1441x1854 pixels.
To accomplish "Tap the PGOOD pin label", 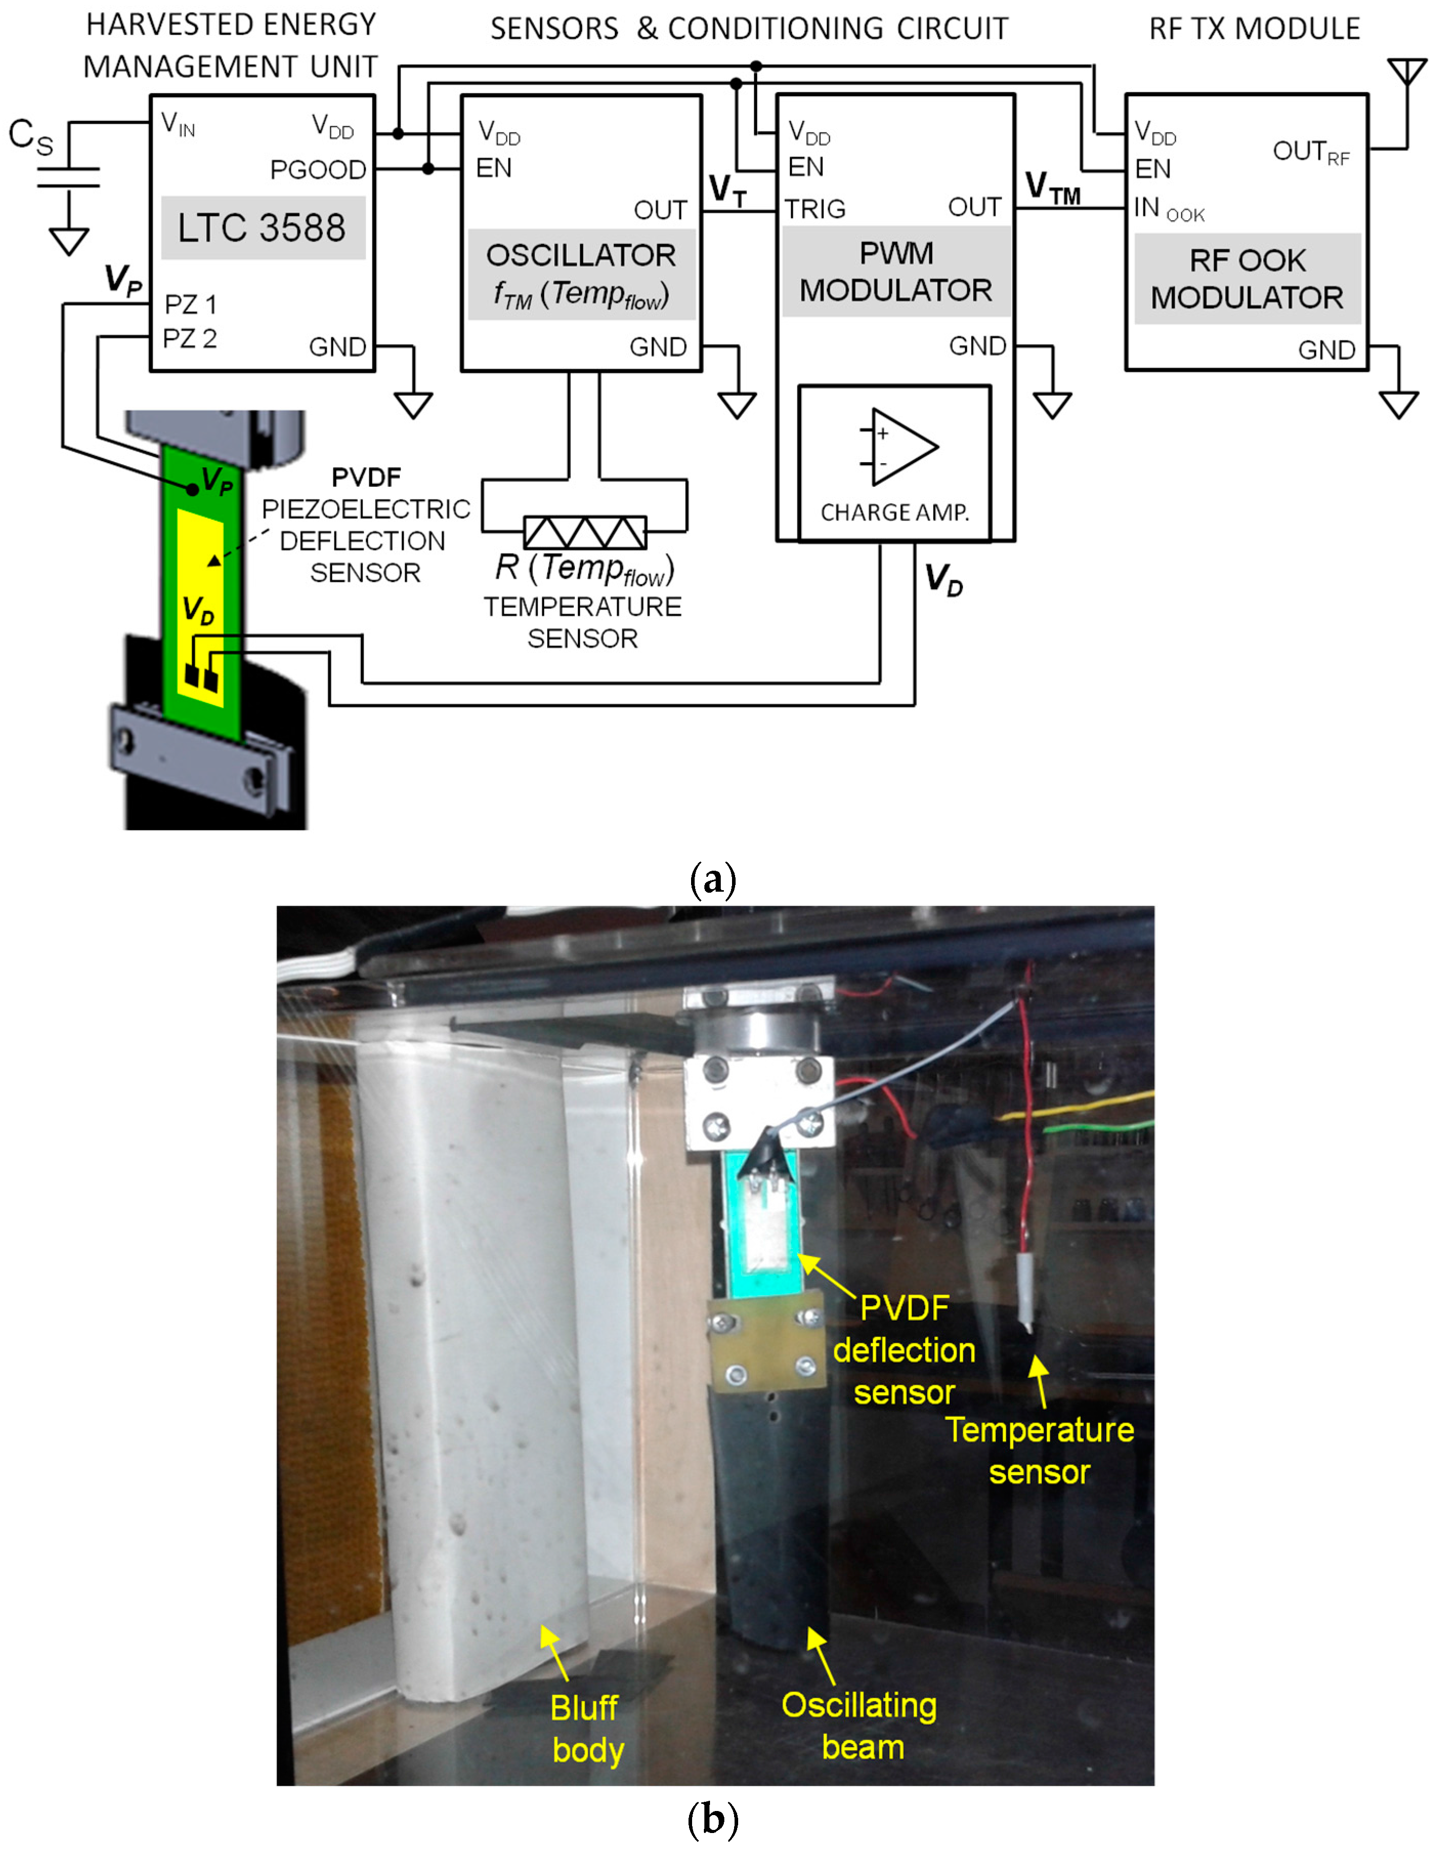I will click(317, 170).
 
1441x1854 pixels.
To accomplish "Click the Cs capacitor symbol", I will click(69, 178).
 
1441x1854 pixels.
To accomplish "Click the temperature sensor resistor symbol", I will click(584, 532).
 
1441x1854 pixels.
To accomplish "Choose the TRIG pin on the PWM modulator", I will click(815, 209).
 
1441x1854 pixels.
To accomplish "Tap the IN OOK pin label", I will click(1169, 209).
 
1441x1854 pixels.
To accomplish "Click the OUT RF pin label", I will click(1310, 153).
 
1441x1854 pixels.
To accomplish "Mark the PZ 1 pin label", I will click(190, 304).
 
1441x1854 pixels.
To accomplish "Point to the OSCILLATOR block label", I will click(581, 255).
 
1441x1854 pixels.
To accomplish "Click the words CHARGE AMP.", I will click(894, 513).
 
